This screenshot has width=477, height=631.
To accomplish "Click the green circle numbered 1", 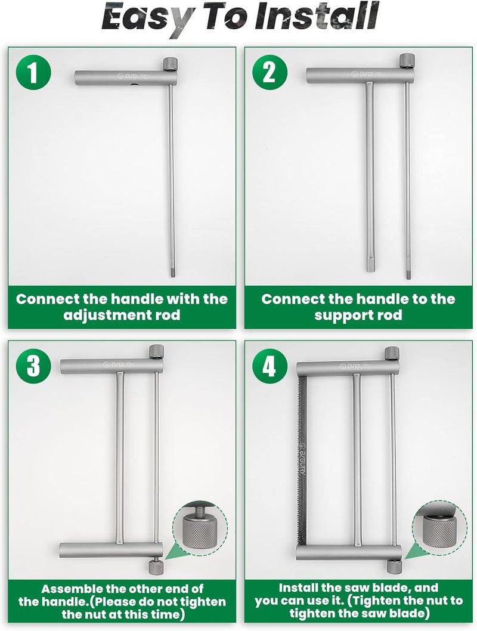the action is click(x=33, y=73).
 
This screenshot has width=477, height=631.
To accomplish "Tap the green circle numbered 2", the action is click(x=270, y=73).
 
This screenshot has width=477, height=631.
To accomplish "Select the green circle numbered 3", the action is click(x=33, y=367).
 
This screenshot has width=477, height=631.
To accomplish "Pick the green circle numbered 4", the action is click(x=270, y=367).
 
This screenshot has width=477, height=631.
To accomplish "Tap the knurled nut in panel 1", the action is click(x=171, y=64).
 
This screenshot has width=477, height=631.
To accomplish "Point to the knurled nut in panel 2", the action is click(x=407, y=61).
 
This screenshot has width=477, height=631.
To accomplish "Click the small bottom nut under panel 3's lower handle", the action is click(x=154, y=567).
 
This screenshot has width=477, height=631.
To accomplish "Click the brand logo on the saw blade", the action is click(x=302, y=459).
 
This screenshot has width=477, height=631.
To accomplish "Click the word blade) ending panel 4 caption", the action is click(x=407, y=613).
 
